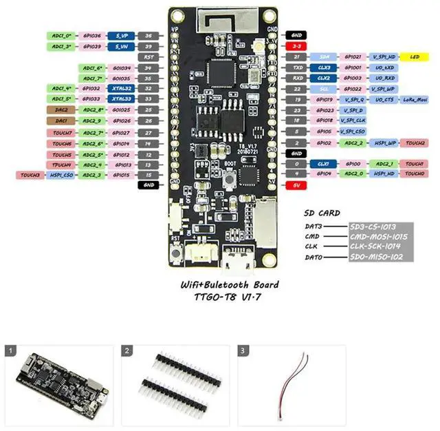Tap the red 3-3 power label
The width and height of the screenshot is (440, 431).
coord(296,45)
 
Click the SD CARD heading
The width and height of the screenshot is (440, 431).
coord(322,214)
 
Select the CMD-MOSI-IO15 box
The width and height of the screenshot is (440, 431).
coord(377,236)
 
